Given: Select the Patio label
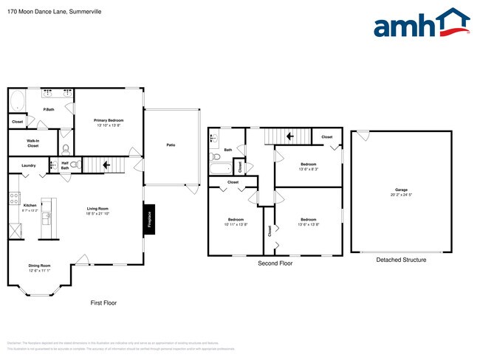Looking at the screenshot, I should pos(171,145).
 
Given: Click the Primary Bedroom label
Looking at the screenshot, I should pos(108,120).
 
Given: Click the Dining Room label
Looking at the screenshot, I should pos(39,266).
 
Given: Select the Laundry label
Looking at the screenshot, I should pos(29,165).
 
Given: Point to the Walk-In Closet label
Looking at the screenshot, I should pos(32,143).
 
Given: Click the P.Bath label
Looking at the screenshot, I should pos(48,110).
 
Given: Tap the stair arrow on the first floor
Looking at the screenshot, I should pos(107,165).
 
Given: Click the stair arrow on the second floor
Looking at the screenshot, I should pos(290,136).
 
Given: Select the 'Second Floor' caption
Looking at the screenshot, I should pos(275,263).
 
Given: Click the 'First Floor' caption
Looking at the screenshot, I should pos(103,302).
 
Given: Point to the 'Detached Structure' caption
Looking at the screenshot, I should pos(401,260).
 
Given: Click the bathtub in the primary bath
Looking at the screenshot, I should pos(18,100).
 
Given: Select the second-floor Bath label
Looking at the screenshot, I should pos(228,150).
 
